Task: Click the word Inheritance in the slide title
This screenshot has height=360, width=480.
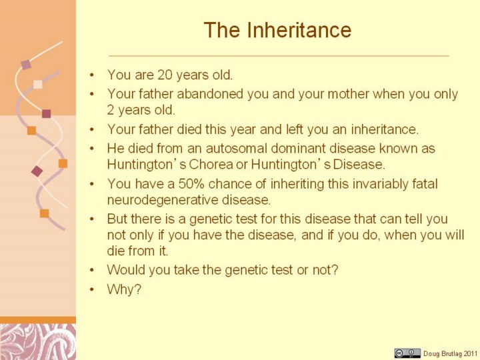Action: coord(299,30)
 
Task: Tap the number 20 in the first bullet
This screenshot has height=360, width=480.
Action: coord(165,75)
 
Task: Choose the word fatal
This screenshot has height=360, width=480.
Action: coord(425,184)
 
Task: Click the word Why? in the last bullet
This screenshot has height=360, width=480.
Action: coord(124,289)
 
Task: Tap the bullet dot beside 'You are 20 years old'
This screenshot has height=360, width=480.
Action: coord(92,75)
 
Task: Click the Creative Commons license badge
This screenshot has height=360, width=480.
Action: coord(407,353)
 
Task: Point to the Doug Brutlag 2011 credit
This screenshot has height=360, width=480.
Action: coord(450,353)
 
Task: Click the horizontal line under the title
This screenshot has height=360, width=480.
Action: coord(279,56)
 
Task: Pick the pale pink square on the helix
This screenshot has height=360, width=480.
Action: coord(37,84)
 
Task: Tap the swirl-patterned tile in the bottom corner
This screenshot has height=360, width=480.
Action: coord(38,342)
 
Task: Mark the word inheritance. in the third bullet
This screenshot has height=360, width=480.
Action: coord(385,129)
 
